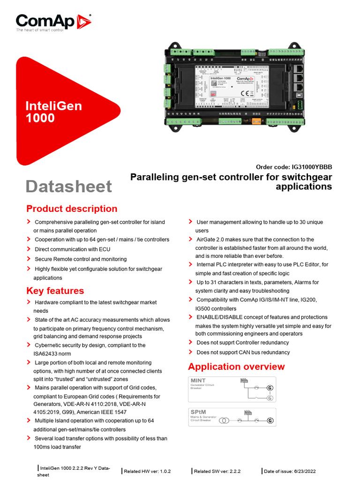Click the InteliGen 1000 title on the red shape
pos(53,112)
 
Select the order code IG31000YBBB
pos(294,167)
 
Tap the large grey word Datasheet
pos(69,186)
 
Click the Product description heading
pos(72,209)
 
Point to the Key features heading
pos(55,291)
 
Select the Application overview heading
pos(236,367)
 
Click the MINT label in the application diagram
pos(198,380)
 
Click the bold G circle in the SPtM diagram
pos(270,421)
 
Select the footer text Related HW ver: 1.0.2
pos(147,471)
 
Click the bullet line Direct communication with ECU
pos(72,249)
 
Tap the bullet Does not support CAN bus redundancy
pos(243,352)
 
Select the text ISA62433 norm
pos(52,354)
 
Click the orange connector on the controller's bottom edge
pos(256,121)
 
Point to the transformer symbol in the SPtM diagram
pos(225,420)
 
